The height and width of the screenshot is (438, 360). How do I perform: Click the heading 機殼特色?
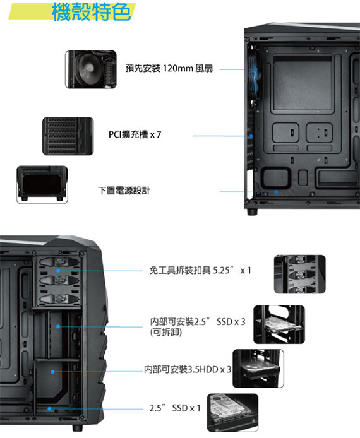91,12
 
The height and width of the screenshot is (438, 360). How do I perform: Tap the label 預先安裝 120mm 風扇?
169,68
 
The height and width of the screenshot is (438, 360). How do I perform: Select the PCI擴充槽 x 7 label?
135,134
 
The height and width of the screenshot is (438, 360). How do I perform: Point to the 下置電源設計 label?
124,191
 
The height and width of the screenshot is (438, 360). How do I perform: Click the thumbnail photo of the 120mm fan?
91,69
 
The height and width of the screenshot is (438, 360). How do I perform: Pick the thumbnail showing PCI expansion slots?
68,136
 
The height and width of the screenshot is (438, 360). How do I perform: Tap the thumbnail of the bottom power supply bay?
42,185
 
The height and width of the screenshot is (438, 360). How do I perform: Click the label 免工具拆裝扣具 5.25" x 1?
200,270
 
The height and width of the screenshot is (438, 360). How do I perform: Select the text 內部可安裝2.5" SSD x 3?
198,322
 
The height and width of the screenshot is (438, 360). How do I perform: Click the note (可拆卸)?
166,333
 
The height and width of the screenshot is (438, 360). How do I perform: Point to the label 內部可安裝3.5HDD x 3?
188,370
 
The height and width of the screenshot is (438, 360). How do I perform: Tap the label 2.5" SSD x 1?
175,408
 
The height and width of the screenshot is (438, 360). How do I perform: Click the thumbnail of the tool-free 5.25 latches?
299,275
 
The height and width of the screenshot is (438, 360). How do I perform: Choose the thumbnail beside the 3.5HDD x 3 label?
258,369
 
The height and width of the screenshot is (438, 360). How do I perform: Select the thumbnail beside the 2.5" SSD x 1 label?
232,413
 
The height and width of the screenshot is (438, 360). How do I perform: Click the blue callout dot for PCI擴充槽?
251,136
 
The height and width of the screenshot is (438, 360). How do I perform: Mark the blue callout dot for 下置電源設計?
276,192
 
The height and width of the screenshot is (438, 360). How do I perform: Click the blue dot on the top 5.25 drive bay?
58,271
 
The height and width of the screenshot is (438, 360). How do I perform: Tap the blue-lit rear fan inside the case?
253,76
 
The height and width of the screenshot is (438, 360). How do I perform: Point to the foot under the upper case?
252,211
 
